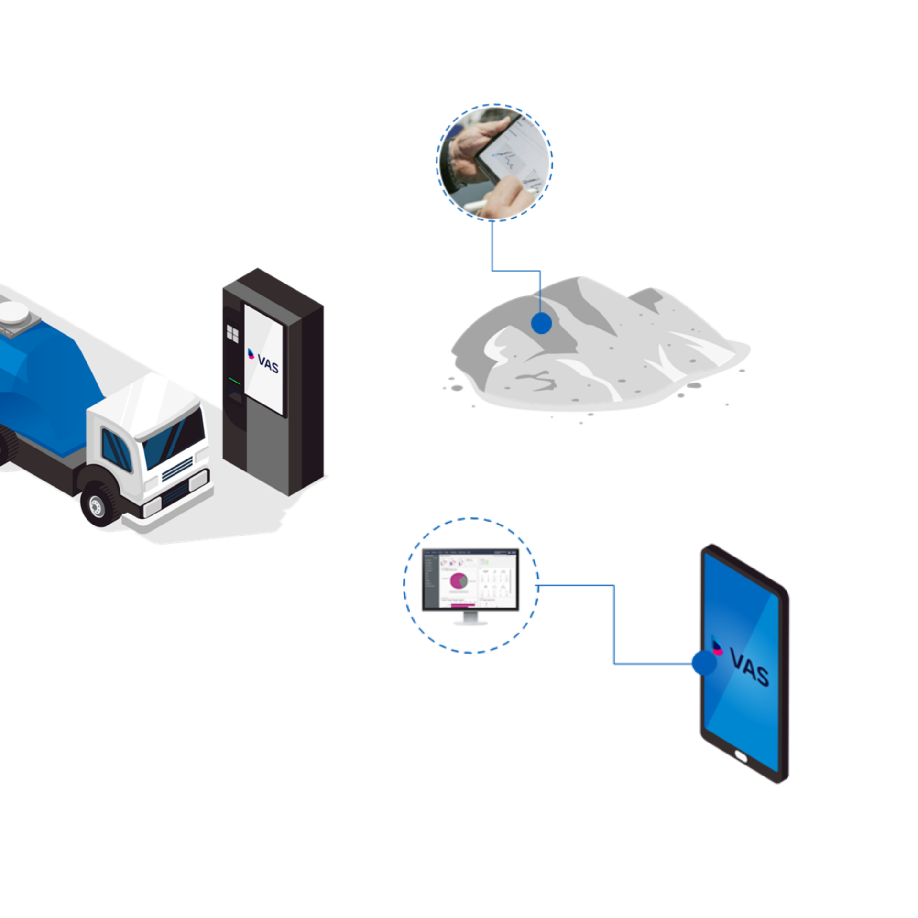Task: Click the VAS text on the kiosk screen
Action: click(268, 363)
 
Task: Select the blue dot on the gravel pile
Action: click(541, 323)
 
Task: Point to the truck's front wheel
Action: click(98, 504)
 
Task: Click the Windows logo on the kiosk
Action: click(232, 333)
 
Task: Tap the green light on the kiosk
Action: click(234, 381)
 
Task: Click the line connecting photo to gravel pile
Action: click(492, 249)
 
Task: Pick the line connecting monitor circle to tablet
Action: click(614, 622)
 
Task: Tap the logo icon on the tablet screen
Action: click(717, 646)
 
